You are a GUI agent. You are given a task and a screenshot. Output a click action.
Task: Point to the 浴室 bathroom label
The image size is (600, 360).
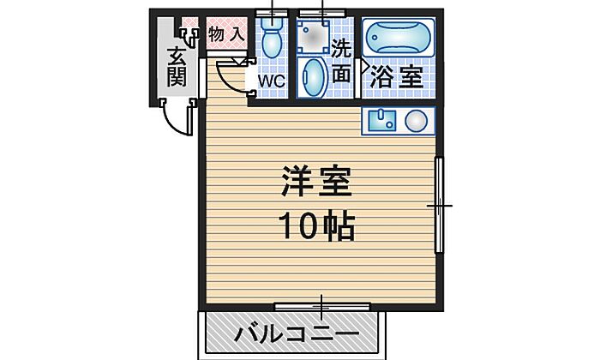point(395,75)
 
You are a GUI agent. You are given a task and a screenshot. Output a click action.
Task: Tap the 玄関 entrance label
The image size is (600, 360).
point(177,67)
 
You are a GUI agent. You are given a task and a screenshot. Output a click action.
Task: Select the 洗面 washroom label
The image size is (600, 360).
point(341,61)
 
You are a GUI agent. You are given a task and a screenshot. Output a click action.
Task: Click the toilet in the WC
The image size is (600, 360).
point(273,39)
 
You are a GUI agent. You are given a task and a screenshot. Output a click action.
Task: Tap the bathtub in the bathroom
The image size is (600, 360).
point(399,38)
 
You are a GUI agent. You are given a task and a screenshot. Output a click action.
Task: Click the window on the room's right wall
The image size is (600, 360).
point(439,206)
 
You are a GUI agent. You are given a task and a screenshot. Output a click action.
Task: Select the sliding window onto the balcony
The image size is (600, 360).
point(321,305)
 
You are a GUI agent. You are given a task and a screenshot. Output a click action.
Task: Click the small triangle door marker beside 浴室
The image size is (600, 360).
point(363,64)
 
